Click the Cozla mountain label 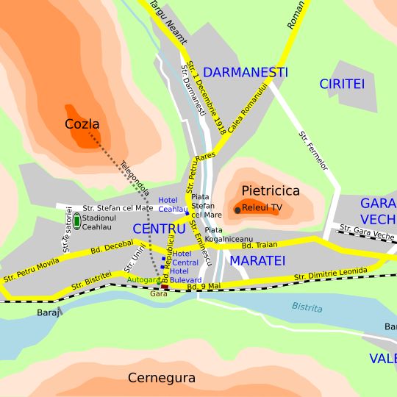[x=82, y=124]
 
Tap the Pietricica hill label [x=271, y=191]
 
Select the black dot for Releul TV [x=237, y=210]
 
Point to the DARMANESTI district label [x=246, y=73]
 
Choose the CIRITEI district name [x=342, y=85]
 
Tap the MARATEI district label [x=257, y=260]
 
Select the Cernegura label [x=162, y=379]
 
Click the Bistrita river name [x=307, y=307]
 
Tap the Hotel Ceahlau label [x=172, y=204]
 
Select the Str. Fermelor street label [x=313, y=150]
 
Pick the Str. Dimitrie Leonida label [x=330, y=274]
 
